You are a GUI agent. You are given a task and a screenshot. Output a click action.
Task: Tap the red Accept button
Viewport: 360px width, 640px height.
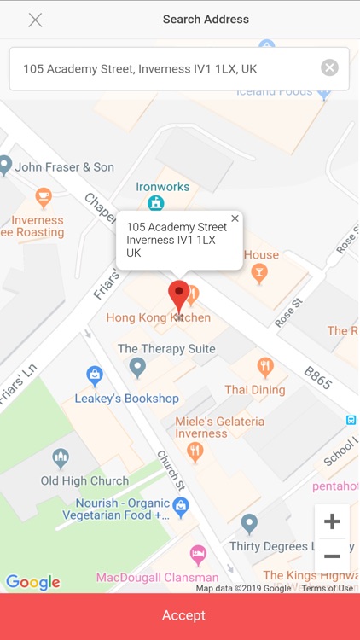(x=180, y=615)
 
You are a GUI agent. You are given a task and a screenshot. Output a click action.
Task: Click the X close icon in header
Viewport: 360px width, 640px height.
(x=35, y=20)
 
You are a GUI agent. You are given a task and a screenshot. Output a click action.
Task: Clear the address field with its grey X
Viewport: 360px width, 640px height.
(x=329, y=68)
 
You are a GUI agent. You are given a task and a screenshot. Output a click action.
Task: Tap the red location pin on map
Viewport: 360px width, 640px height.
(x=178, y=296)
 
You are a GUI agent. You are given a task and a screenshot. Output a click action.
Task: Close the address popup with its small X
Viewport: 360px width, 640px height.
(x=235, y=218)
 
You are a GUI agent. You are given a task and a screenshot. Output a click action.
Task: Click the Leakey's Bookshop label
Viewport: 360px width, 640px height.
(x=126, y=399)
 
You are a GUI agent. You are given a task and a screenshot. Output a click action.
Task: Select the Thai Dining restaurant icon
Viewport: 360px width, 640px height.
(x=265, y=368)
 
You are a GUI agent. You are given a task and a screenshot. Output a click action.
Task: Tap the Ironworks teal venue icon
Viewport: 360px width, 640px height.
(x=155, y=202)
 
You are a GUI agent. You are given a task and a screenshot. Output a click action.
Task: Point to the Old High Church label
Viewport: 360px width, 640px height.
(x=85, y=480)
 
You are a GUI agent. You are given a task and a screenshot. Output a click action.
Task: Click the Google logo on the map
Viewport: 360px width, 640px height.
(x=33, y=583)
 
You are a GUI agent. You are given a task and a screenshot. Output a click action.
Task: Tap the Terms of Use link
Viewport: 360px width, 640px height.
(x=327, y=588)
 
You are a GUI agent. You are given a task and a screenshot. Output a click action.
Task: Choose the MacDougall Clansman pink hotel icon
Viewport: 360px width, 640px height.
(x=198, y=556)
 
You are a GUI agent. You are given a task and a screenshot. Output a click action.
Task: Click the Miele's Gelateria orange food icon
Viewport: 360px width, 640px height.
(x=195, y=451)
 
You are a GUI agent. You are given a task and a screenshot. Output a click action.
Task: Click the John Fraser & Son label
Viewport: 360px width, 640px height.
(x=65, y=167)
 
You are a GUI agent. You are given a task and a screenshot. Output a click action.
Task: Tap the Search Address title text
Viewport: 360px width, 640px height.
(x=206, y=19)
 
